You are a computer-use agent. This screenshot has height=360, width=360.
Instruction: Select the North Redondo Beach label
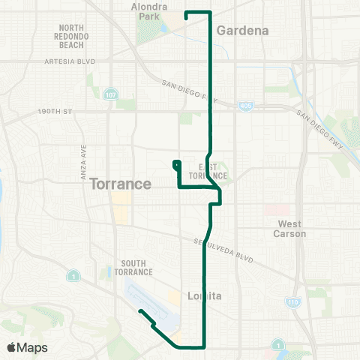[x=75, y=36]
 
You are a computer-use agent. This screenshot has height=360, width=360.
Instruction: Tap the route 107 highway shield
[x=111, y=94]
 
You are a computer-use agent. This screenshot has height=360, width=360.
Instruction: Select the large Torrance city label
[x=121, y=184]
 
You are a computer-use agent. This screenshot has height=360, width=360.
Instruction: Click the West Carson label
[x=289, y=229]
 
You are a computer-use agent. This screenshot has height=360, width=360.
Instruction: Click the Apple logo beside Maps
[x=11, y=347]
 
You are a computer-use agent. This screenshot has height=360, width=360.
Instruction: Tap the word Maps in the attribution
[x=33, y=347]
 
